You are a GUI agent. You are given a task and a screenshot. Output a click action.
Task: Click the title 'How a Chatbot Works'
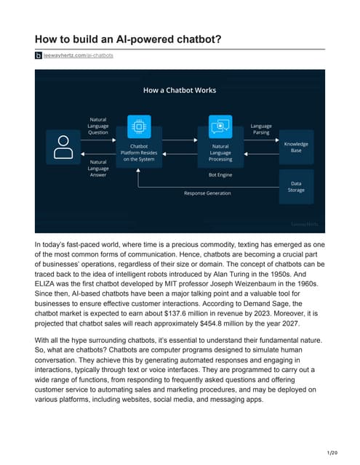[179, 90]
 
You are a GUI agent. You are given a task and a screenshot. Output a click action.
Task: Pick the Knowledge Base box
[296, 147]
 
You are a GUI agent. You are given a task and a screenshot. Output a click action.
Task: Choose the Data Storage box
[296, 187]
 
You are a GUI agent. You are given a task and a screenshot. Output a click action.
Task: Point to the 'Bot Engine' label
[220, 174]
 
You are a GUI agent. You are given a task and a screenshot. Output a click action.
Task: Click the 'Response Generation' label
[207, 193]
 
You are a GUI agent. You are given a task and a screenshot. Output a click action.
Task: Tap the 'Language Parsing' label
[260, 129]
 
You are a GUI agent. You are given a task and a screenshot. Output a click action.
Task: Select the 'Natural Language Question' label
[98, 126]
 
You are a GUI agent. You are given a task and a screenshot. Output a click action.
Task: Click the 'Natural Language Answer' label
[99, 168]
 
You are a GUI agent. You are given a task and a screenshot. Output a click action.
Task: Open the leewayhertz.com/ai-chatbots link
[78, 55]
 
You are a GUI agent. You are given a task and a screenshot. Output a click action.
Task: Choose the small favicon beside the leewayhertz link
[39, 55]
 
